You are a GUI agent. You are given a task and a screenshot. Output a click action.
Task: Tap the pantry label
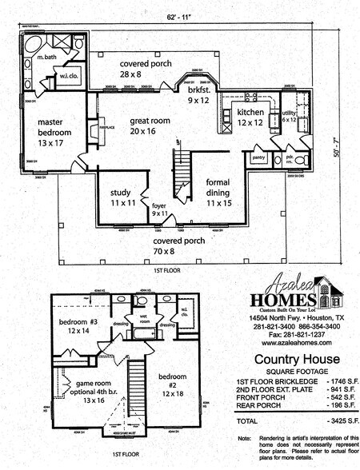click(x=258, y=158)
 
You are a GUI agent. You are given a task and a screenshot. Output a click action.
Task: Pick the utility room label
click(x=288, y=117)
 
